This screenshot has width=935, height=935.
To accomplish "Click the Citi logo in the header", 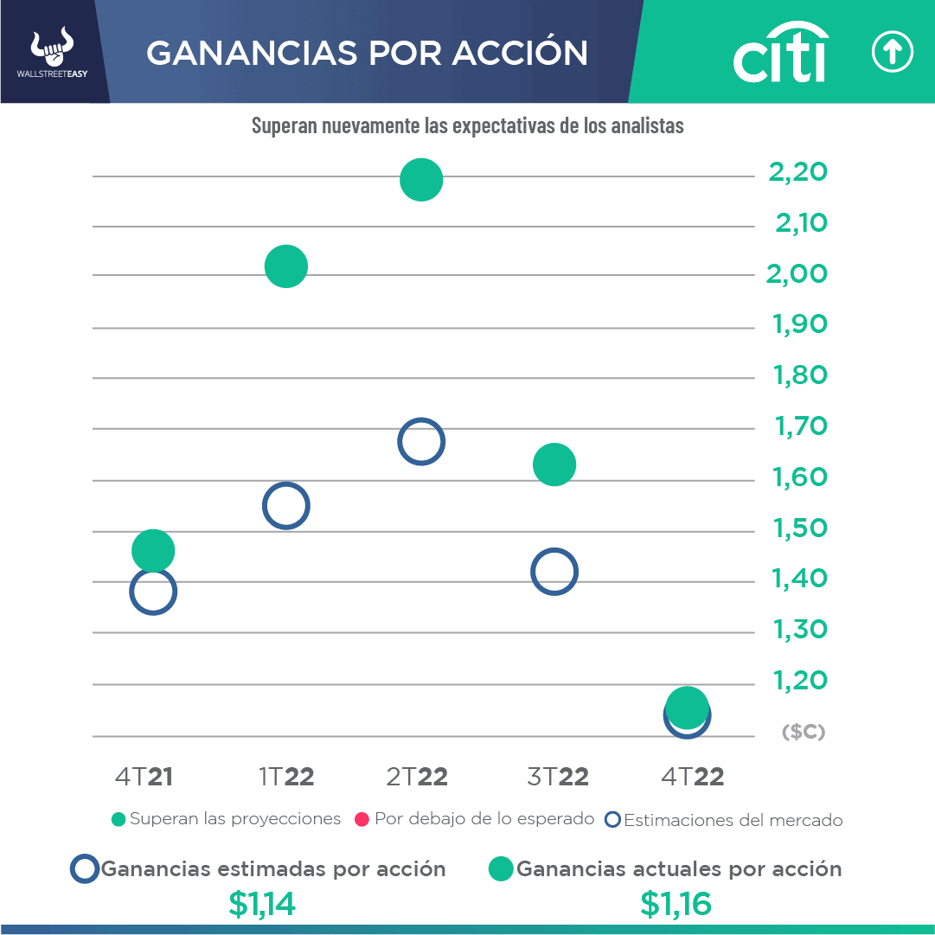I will pos(779,53).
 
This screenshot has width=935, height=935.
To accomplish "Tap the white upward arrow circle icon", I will pos(892,53).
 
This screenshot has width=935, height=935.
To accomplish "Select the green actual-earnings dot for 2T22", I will pos(421,180).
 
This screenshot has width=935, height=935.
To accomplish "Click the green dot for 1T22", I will pos(286,266).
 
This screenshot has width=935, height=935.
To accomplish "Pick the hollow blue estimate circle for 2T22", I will pos(421,442).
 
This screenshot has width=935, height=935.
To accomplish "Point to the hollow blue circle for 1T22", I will pos(286,506).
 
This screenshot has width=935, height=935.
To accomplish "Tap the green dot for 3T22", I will pos(554,464).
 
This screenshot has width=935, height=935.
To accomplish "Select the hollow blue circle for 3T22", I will pos(554,571).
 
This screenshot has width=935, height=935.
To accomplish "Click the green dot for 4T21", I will pos(153,550).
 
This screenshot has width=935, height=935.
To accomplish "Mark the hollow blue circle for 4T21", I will pos(153,592).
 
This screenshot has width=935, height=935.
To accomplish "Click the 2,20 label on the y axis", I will pos(797,172).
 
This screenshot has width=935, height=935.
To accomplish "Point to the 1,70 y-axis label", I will pos(797,426).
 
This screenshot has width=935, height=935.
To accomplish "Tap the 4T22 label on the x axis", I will pos(692,777).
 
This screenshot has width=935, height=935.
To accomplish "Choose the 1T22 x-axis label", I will pos(286,777).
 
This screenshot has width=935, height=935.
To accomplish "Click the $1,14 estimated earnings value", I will pos(262,904).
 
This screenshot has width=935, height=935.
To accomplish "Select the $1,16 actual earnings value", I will pos(676,904).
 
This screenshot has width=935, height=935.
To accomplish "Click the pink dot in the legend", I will pos(362,819).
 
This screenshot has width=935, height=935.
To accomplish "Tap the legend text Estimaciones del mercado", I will pos(733,820).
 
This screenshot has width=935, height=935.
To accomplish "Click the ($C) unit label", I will pos(803,732).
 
